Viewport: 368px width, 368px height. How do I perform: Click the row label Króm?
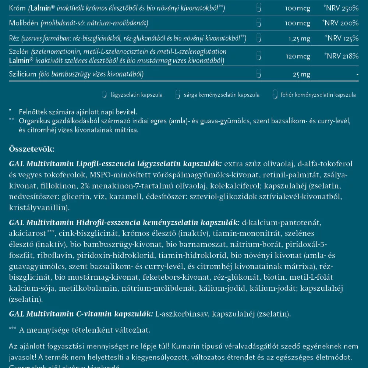click(x=16, y=8)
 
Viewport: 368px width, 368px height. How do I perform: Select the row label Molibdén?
click(x=22, y=23)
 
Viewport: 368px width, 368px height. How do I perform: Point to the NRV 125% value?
click(x=342, y=38)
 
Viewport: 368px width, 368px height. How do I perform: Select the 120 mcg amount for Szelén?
click(x=298, y=56)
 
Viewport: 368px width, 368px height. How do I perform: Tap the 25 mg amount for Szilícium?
click(x=302, y=74)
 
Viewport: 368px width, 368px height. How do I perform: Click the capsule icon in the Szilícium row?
click(x=259, y=74)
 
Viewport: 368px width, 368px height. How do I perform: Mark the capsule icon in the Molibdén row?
click(x=259, y=23)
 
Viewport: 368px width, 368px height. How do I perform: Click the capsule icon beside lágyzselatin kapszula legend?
click(x=104, y=95)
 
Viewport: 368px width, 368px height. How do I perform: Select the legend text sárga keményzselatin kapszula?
click(x=222, y=95)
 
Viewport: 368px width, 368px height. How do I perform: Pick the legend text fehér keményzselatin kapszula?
click(x=318, y=95)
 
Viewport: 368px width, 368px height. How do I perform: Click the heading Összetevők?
click(x=32, y=149)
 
